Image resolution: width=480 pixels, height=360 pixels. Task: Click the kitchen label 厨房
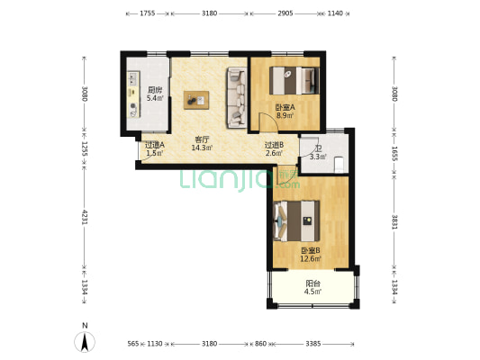point(155,90)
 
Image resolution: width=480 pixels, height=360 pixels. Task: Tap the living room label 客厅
point(202,139)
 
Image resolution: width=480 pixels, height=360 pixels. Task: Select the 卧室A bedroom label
point(285,107)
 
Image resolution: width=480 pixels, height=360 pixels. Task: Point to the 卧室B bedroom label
point(311,250)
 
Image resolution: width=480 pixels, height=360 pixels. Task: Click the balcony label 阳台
point(312,283)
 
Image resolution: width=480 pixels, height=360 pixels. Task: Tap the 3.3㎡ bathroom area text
point(318,157)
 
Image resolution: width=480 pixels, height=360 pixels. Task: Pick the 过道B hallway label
point(274,145)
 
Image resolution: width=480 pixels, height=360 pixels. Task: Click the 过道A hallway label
point(155,145)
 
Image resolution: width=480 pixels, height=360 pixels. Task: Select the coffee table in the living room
point(196,100)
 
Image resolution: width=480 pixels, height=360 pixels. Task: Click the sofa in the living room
point(237,97)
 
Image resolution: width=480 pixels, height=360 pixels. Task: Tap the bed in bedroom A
point(294,81)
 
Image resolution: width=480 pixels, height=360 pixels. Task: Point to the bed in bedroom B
point(296,220)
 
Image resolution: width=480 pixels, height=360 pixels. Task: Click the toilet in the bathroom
point(340,164)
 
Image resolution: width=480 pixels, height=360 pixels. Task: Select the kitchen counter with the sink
point(133,94)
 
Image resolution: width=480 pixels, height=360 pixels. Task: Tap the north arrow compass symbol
point(85,341)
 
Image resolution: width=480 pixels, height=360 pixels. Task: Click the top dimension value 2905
point(285,13)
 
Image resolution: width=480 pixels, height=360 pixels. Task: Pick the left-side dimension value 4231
point(85,217)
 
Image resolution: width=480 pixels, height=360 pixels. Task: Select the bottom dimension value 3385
point(313,344)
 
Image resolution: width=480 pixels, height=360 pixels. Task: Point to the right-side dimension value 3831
point(394,221)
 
